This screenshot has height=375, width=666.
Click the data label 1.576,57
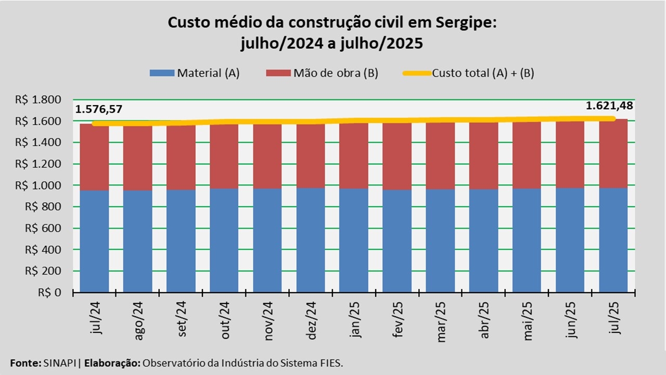[99, 109]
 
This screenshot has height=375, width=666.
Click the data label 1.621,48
[609, 106]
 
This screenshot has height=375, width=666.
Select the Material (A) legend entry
[194, 73]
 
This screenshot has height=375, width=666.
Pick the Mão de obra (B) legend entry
[322, 73]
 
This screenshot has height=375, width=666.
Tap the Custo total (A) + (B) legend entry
[468, 73]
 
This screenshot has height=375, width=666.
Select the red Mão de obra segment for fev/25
[397, 156]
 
